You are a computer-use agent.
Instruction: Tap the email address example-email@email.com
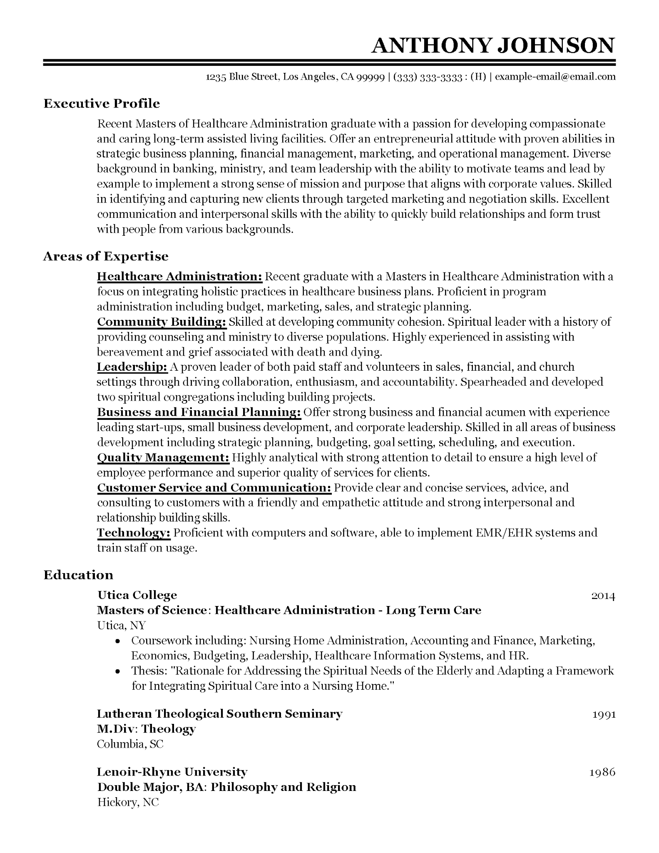[555, 77]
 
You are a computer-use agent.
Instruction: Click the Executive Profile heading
[102, 103]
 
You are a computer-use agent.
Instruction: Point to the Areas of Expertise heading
[106, 256]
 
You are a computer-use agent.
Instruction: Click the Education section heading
[78, 575]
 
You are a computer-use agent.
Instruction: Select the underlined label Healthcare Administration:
[179, 277]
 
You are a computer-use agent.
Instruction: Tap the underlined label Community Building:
[162, 322]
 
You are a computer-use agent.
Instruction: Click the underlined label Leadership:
[132, 367]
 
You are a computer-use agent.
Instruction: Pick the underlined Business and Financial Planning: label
[199, 412]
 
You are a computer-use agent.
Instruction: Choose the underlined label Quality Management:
[163, 457]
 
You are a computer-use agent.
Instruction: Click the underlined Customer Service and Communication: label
[214, 487]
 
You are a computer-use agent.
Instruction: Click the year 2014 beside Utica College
[603, 596]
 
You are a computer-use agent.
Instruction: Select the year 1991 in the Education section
[603, 714]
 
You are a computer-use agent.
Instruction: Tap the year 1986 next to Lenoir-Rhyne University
[602, 772]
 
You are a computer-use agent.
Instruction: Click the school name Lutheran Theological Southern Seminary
[219, 714]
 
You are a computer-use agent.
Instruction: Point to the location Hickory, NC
[128, 802]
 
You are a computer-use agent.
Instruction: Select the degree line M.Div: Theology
[146, 729]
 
